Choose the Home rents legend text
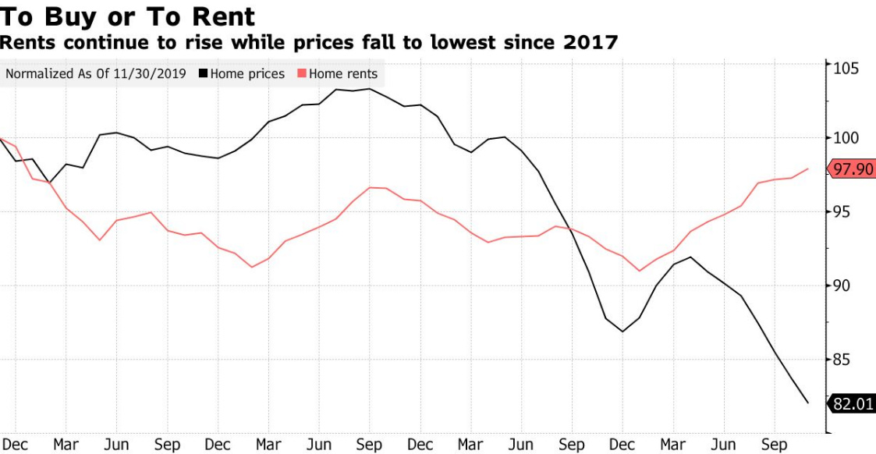click(343, 74)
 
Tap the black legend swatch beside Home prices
click(204, 74)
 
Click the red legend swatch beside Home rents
click(301, 74)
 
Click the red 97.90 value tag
click(853, 169)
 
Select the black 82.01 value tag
click(853, 403)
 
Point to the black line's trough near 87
click(622, 332)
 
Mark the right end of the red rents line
click(808, 168)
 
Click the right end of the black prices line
click(808, 403)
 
